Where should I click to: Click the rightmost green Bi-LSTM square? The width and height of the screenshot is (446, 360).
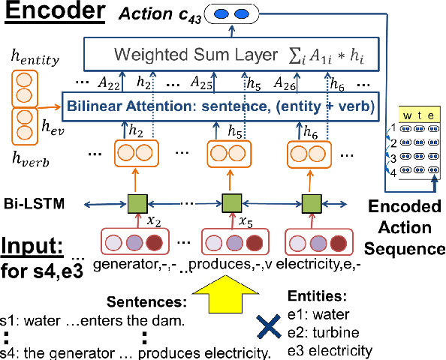pos(311,202)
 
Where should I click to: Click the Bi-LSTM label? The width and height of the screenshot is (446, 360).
pos(32,202)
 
